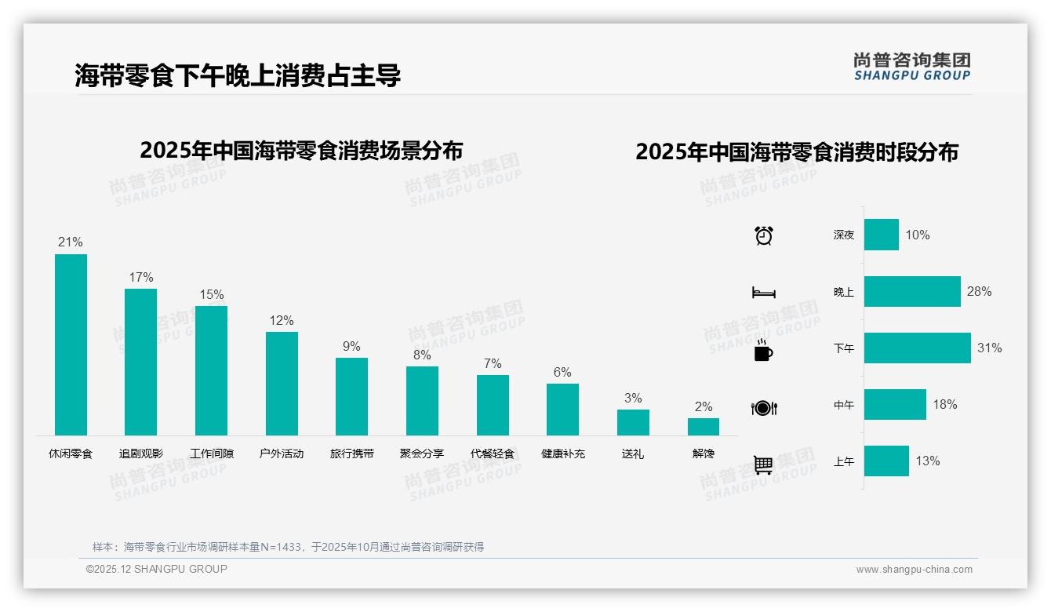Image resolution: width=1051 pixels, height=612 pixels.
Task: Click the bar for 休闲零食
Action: click(71, 344)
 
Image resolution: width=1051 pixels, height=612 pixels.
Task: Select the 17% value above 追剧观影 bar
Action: click(141, 278)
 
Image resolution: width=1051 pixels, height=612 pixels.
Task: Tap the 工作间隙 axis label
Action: click(211, 454)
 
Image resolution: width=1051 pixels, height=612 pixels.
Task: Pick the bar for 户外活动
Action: click(282, 384)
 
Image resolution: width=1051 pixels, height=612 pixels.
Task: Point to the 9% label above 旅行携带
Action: click(351, 347)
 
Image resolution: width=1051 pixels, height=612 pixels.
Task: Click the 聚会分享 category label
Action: click(422, 454)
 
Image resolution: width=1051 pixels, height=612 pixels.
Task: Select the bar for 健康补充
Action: click(562, 410)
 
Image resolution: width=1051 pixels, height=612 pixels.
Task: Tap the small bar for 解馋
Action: click(703, 427)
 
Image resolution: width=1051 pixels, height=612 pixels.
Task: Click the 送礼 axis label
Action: click(633, 454)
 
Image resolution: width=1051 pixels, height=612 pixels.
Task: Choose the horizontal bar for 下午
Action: click(917, 348)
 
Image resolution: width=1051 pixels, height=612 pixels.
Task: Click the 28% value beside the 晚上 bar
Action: click(979, 292)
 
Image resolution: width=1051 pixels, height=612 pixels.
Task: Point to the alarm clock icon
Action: click(764, 235)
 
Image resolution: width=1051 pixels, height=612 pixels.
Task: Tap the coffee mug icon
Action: click(763, 350)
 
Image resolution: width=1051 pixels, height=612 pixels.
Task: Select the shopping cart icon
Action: click(763, 464)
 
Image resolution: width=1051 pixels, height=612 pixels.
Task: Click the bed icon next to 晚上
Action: click(763, 293)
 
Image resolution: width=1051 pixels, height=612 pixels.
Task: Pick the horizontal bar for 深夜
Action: click(882, 235)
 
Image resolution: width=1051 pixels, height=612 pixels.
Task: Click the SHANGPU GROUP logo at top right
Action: click(911, 67)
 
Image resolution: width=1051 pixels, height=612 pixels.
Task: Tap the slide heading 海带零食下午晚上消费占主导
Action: click(238, 75)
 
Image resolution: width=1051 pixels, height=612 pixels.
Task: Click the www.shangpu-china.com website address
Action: click(914, 570)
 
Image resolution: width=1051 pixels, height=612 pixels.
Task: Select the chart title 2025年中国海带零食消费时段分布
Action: click(797, 152)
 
